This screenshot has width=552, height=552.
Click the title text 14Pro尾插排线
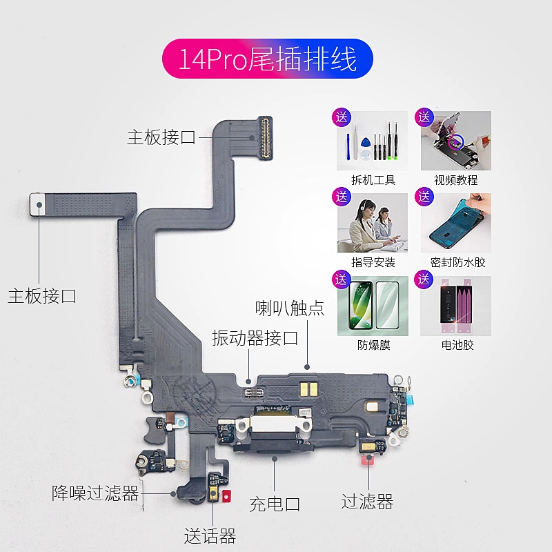(x=267, y=59)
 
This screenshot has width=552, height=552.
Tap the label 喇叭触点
(x=289, y=308)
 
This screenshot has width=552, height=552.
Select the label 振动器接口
(x=255, y=338)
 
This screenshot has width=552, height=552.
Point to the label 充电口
(x=275, y=504)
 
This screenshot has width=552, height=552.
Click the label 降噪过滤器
(x=95, y=493)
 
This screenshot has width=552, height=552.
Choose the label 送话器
(x=210, y=535)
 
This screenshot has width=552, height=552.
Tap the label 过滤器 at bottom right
(x=367, y=502)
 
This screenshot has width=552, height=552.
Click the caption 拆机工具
(x=373, y=180)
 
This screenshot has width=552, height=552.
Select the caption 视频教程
(x=456, y=180)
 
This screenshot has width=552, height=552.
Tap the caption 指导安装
(x=373, y=262)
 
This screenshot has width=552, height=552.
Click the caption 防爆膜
(x=373, y=345)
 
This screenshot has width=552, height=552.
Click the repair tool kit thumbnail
(x=373, y=141)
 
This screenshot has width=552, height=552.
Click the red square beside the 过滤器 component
(x=367, y=460)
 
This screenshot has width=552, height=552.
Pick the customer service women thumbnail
(x=373, y=224)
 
